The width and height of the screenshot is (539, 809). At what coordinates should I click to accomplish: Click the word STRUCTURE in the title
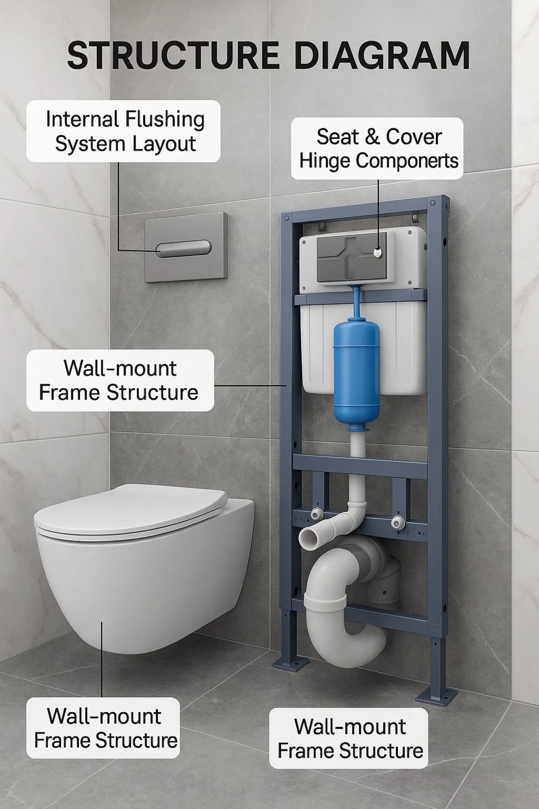pyautogui.click(x=173, y=56)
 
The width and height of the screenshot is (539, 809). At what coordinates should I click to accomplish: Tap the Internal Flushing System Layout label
pyautogui.click(x=123, y=131)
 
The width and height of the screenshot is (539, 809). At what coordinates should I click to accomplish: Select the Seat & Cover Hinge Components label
pyautogui.click(x=378, y=149)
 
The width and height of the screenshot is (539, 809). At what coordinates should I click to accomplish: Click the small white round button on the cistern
pyautogui.click(x=378, y=252)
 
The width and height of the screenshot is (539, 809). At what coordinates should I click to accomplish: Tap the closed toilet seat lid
pyautogui.click(x=131, y=510)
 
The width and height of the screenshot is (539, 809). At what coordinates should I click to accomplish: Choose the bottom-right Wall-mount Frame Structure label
pyautogui.click(x=350, y=739)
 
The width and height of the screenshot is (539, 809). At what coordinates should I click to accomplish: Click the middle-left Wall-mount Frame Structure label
pyautogui.click(x=120, y=380)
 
